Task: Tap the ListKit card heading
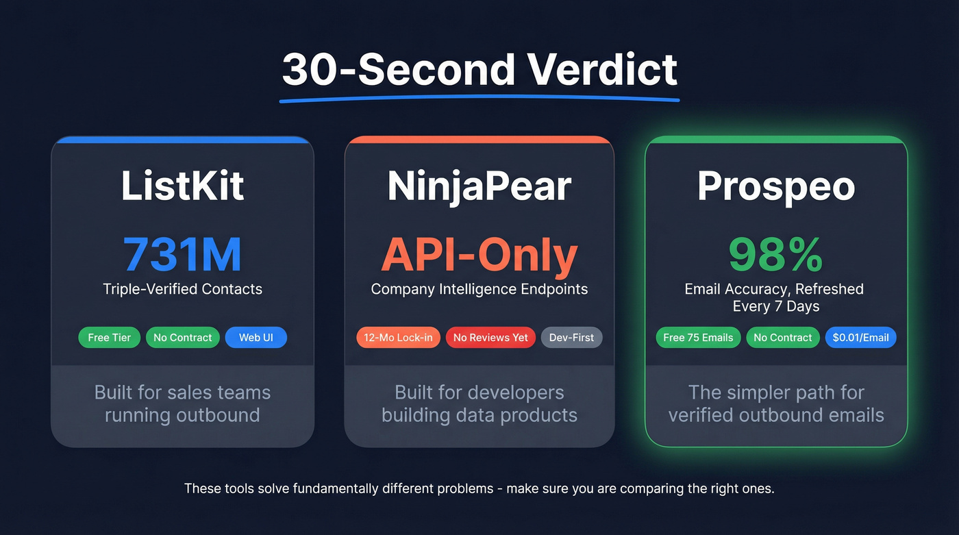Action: tap(182, 185)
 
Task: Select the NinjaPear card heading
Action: tap(479, 185)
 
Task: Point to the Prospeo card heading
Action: tap(776, 185)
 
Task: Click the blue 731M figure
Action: tap(182, 255)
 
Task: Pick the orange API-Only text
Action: tap(479, 255)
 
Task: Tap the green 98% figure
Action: tap(775, 255)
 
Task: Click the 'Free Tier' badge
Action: tap(110, 338)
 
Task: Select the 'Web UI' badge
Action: tap(256, 338)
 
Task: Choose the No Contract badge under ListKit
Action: tap(183, 338)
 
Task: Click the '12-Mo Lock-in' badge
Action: tap(398, 338)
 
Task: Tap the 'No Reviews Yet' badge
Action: tap(490, 338)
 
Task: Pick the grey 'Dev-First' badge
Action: tap(571, 338)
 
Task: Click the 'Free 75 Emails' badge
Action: tap(698, 338)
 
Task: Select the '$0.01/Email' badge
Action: tap(860, 338)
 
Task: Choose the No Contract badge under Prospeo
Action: tap(782, 338)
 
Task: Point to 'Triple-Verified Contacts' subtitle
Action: tap(182, 289)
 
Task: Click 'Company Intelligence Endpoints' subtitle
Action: tap(479, 289)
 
